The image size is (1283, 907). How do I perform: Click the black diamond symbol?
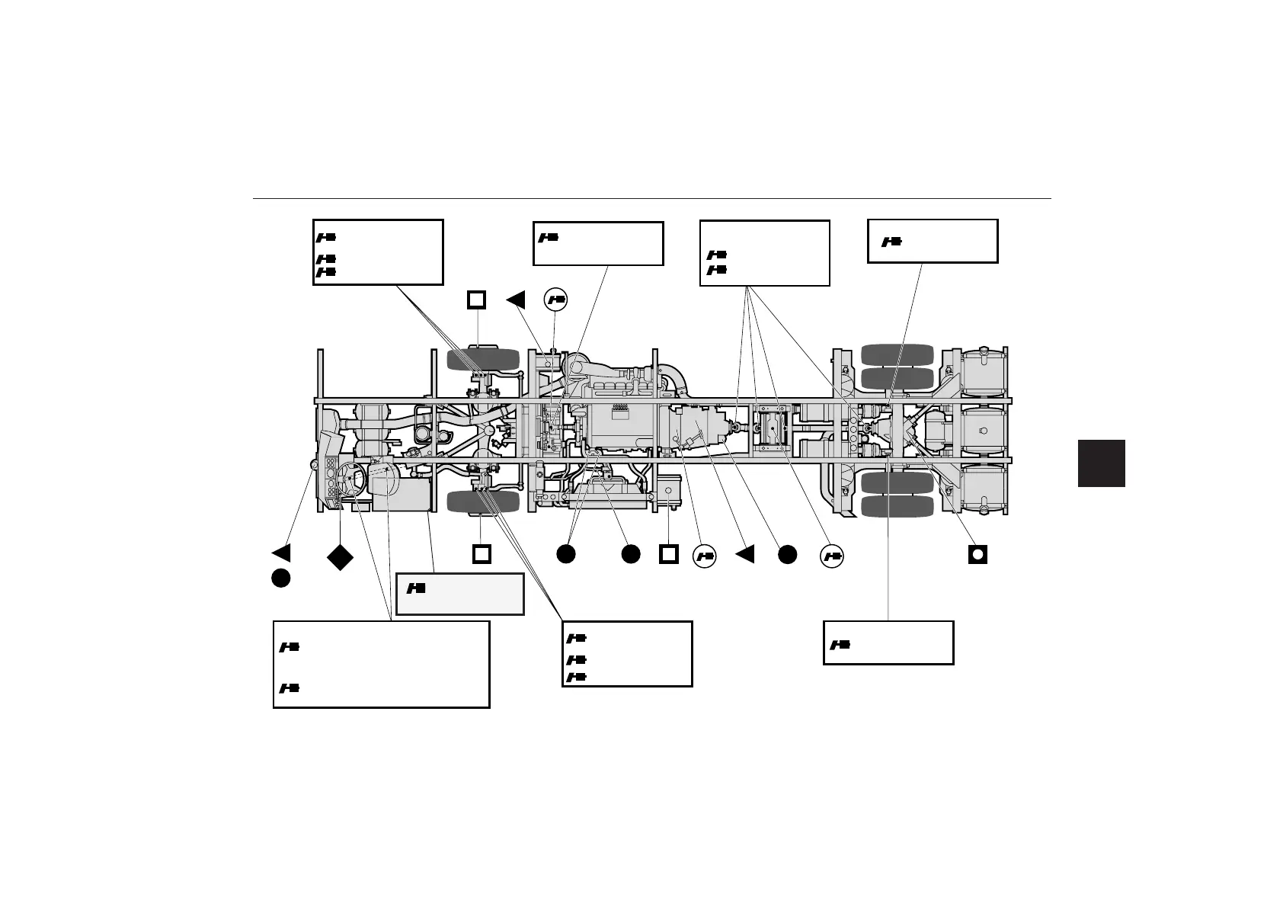click(x=340, y=556)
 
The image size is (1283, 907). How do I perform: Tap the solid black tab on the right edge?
click(x=1102, y=463)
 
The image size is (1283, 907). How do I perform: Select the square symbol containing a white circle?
click(x=977, y=554)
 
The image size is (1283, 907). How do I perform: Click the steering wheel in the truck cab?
click(x=351, y=477)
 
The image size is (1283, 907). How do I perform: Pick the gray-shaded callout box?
click(x=460, y=594)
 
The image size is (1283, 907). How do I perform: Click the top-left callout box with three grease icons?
click(x=378, y=252)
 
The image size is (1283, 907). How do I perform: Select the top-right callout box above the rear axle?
click(x=933, y=241)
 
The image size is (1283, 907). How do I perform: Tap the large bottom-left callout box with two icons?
click(x=381, y=665)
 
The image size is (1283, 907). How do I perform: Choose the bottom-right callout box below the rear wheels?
click(x=888, y=643)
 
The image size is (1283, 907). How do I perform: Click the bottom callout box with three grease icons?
click(x=627, y=654)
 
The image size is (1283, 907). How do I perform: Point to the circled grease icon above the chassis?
click(x=556, y=300)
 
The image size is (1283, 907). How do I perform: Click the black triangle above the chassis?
click(x=517, y=300)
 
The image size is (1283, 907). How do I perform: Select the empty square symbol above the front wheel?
click(x=476, y=300)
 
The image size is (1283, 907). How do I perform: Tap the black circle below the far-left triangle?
click(x=280, y=578)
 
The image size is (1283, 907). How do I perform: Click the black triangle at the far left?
click(x=281, y=553)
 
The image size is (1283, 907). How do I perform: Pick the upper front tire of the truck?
click(x=482, y=360)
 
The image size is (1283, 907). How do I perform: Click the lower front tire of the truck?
click(x=482, y=502)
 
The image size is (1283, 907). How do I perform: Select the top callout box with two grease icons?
click(x=764, y=253)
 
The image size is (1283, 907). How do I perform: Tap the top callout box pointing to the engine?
click(x=598, y=244)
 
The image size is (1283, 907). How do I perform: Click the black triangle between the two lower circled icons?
click(x=745, y=554)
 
